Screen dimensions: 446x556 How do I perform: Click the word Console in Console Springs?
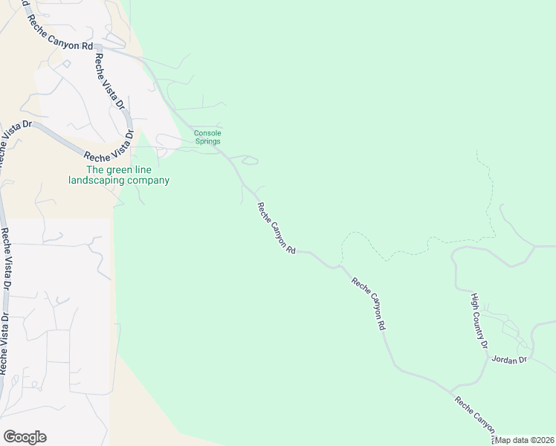click(208, 133)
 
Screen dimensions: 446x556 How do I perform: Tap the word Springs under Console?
click(208, 141)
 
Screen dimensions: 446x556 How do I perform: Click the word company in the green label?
click(151, 181)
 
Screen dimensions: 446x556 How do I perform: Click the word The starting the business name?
click(95, 169)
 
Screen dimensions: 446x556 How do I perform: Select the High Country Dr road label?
click(479, 320)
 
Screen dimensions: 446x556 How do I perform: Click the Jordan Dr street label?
click(509, 359)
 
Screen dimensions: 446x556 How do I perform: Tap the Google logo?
click(25, 437)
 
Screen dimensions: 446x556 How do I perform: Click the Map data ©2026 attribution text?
click(524, 440)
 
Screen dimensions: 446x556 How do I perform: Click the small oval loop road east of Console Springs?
click(248, 159)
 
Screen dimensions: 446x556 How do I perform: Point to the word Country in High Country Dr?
click(480, 323)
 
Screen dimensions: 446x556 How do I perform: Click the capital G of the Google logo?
click(10, 437)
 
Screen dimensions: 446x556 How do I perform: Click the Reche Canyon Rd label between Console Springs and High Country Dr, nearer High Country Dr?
click(369, 303)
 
